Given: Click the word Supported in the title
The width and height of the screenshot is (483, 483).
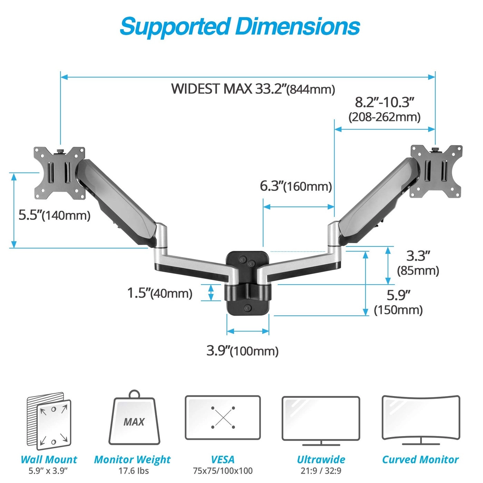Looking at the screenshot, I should [174, 27].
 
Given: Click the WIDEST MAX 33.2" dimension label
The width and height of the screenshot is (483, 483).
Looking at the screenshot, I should [253, 89].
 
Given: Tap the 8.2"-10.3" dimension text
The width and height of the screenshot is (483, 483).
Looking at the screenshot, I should [384, 102].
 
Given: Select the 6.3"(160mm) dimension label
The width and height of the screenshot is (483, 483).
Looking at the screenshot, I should [296, 186].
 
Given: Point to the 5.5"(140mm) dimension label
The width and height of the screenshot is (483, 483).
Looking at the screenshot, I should [55, 215].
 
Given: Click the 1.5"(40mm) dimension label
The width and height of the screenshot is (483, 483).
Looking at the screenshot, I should [160, 293].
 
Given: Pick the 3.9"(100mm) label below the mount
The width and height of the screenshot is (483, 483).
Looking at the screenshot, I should [243, 351].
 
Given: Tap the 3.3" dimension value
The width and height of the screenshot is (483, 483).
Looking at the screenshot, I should [418, 256].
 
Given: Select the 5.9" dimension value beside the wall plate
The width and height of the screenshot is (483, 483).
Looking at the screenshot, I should [398, 295].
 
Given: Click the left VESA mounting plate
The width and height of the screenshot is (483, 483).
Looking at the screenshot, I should [59, 173].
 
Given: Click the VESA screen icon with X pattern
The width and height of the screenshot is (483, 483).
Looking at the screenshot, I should [223, 418].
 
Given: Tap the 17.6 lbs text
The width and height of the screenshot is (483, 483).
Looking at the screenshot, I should [134, 471].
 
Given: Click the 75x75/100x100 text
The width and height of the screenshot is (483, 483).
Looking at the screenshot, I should [223, 471].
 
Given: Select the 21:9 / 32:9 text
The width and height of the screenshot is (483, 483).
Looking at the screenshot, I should [321, 471].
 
